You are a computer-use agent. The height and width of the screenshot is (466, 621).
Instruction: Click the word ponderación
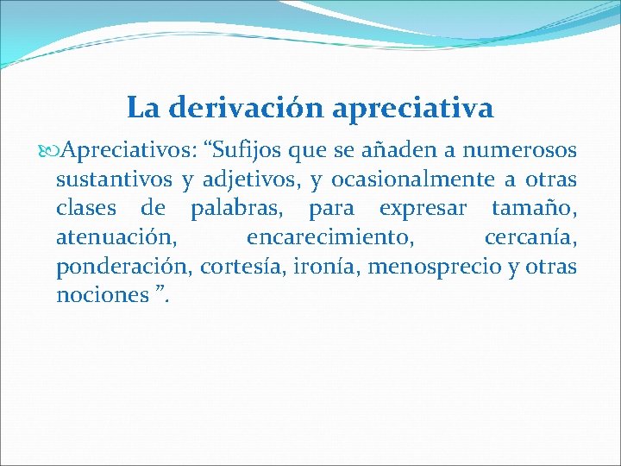pyautogui.click(x=122, y=267)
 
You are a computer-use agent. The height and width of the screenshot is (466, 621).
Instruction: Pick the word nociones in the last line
pyautogui.click(x=102, y=295)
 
